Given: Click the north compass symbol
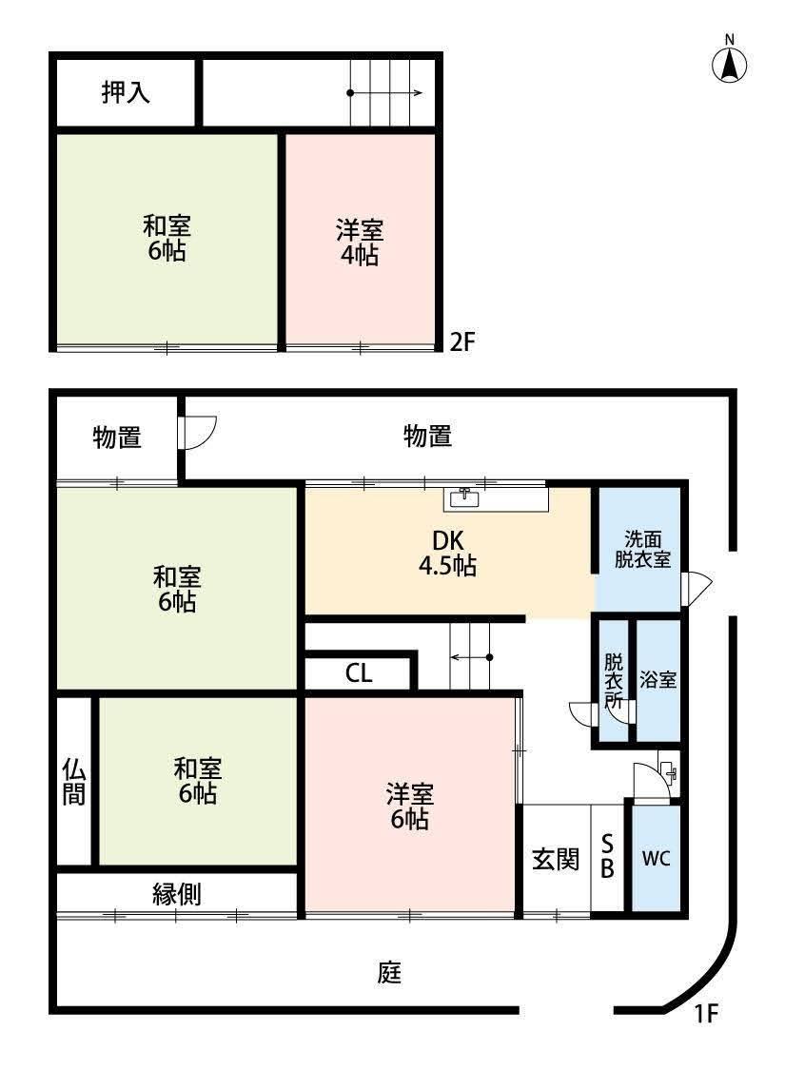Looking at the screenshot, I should click(730, 63).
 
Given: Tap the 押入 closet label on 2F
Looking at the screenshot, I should click(126, 93).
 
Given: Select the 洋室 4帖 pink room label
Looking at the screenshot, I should click(360, 242).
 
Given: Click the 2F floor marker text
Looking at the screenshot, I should click(461, 341).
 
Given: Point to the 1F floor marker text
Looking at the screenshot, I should click(704, 1014).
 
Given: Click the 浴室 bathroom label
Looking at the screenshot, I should click(657, 680).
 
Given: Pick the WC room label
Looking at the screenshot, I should click(656, 859).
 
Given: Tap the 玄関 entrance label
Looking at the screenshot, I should click(555, 859).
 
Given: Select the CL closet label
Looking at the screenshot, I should click(359, 673).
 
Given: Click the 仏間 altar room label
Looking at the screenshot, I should click(74, 781).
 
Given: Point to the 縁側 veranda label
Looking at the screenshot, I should click(177, 893).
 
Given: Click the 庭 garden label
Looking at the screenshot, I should click(389, 973).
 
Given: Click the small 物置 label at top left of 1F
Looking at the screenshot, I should click(117, 438).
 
